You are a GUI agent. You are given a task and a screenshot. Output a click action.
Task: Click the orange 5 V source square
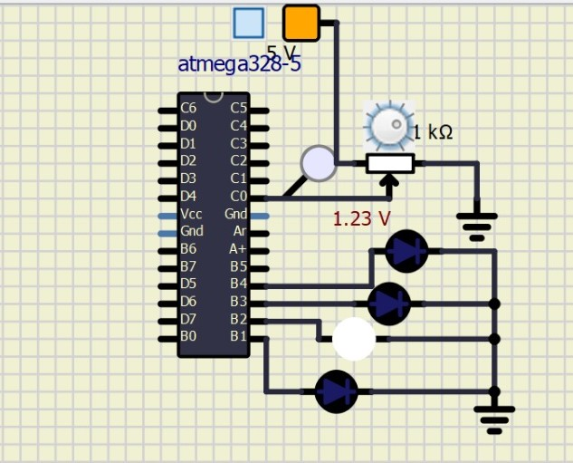[x=301, y=23]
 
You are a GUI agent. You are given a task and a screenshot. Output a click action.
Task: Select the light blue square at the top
[x=249, y=23]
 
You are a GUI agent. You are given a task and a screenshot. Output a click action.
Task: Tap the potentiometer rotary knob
[x=388, y=126]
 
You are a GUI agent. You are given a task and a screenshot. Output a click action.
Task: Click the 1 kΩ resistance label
[x=433, y=132]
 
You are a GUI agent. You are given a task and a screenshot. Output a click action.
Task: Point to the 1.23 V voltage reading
[x=362, y=218]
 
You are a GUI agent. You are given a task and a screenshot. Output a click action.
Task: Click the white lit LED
[x=354, y=339]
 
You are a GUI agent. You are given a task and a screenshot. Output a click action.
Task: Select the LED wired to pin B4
[x=406, y=251]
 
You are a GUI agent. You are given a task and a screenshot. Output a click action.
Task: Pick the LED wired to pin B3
[x=389, y=304]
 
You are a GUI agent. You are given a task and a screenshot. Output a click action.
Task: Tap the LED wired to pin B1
[x=336, y=391]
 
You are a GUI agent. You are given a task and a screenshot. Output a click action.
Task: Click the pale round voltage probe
[x=319, y=163]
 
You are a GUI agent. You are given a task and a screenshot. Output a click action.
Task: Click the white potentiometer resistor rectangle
[x=390, y=163]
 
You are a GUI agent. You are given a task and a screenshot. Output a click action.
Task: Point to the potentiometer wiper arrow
[x=390, y=187]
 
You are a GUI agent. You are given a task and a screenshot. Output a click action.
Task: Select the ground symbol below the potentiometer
[x=477, y=227]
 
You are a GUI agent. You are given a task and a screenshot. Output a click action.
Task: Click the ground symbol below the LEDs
[x=494, y=420]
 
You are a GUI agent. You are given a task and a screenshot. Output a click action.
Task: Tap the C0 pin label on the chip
[x=238, y=197]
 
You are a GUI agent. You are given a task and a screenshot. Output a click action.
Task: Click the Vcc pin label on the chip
[x=191, y=214]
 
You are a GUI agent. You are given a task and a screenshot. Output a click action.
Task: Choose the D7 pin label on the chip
[x=188, y=319]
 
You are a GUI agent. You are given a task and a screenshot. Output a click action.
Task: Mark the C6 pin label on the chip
[x=188, y=108]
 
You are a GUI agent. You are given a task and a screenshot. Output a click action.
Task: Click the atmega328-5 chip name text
[x=239, y=64]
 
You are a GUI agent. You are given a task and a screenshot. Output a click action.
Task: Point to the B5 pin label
[x=238, y=266]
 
